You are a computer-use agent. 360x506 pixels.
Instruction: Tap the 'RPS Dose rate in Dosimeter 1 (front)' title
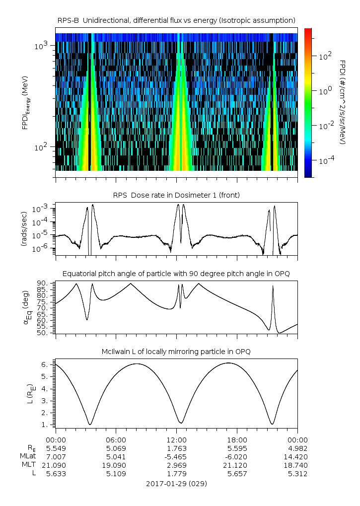pyautogui.click(x=176, y=195)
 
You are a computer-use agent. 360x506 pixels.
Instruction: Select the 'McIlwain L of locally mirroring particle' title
pyautogui.click(x=176, y=352)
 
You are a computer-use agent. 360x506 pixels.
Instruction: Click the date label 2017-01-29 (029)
pyautogui.click(x=176, y=483)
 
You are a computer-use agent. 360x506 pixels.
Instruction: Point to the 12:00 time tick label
pyautogui.click(x=176, y=439)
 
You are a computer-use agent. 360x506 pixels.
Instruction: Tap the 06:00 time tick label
pyautogui.click(x=116, y=439)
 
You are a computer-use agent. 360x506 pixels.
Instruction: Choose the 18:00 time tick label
pyautogui.click(x=237, y=439)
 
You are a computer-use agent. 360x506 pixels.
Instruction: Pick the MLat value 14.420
pyautogui.click(x=297, y=456)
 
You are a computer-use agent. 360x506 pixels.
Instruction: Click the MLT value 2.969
pyautogui.click(x=176, y=465)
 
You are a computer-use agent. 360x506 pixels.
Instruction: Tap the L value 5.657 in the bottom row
pyautogui.click(x=237, y=474)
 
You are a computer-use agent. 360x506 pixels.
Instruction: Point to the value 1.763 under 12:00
pyautogui.click(x=176, y=448)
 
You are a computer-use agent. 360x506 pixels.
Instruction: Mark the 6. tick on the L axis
pyautogui.click(x=44, y=364)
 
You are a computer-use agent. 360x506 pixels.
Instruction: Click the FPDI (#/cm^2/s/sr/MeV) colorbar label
pyautogui.click(x=343, y=102)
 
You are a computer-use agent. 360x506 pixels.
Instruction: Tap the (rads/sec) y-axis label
pyautogui.click(x=23, y=229)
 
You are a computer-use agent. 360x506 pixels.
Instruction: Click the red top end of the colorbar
pyautogui.click(x=308, y=30)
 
